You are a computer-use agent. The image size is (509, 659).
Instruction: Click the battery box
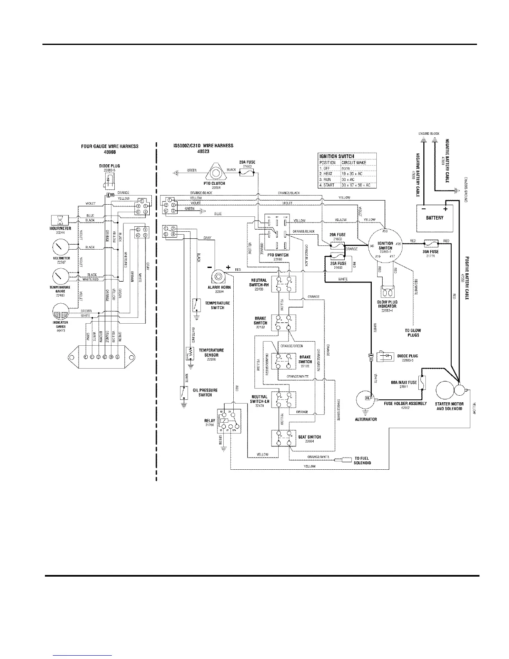coord(435,218)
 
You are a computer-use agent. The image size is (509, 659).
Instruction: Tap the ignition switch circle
coord(385,246)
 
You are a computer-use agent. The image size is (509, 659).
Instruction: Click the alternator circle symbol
coord(366,400)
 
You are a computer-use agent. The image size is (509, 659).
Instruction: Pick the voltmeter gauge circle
coord(61,248)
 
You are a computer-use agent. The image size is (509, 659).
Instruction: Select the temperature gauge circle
coord(61,276)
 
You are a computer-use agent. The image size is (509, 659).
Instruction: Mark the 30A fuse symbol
coord(430,242)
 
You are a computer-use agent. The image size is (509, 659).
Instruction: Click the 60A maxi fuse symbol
coord(423,382)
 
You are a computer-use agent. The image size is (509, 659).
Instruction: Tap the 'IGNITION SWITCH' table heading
coord(336,156)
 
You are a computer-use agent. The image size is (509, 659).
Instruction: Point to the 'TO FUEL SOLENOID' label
coord(362,460)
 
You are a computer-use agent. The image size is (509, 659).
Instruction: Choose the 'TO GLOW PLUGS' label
coord(413,333)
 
